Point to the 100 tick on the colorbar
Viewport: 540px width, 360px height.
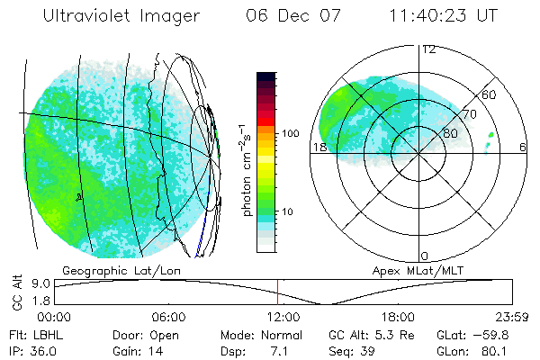tap(292, 132)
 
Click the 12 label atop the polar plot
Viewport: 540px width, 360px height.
tap(428, 49)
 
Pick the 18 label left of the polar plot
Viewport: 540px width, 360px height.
tap(319, 147)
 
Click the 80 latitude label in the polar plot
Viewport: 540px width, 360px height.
tap(438, 135)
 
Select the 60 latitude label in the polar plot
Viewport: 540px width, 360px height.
tap(490, 94)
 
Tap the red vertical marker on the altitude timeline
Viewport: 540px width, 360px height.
tap(278, 292)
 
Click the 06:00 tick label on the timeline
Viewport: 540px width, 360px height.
tap(168, 317)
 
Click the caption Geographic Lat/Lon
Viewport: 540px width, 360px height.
tap(110, 269)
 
